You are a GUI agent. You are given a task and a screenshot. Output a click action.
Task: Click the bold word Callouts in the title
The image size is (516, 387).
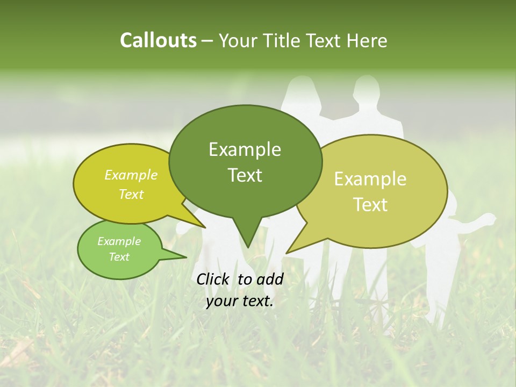point(158,40)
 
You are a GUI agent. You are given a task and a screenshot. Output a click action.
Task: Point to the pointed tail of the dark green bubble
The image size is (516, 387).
point(247,239)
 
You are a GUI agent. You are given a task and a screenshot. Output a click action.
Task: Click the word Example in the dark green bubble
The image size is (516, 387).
point(245,149)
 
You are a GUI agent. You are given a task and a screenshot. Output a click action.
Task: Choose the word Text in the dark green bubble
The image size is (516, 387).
point(245,175)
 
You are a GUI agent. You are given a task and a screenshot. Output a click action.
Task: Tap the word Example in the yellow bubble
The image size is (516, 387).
point(131,175)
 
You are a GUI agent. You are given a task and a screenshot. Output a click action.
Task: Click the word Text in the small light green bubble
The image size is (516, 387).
point(119,257)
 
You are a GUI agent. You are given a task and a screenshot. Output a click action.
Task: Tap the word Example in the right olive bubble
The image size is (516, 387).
point(370,179)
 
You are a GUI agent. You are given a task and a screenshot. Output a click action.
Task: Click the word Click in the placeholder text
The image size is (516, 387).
point(214,279)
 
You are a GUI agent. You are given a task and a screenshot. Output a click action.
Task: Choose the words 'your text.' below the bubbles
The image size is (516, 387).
point(239,301)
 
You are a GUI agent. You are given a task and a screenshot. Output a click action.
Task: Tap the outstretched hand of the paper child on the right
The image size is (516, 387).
point(488,219)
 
